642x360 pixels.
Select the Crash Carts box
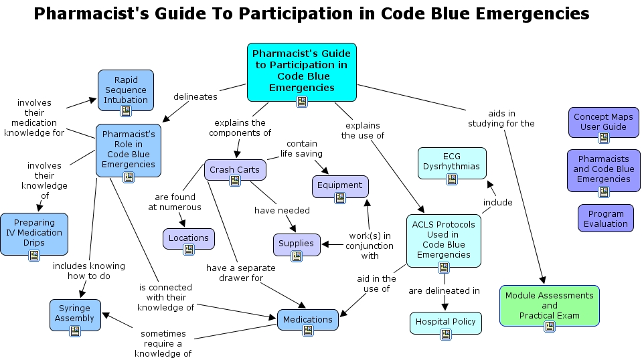pos(234,169)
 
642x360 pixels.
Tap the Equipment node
pos(339,185)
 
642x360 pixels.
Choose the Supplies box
pos(296,244)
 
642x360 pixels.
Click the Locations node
pos(188,238)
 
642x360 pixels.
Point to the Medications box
pos(307,319)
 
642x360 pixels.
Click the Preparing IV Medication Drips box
pos(33,233)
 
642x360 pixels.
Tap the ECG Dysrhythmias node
pos(451,162)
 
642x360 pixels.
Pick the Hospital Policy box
pos(445,322)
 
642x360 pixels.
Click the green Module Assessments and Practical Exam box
pos(549,305)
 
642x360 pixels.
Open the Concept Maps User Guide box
pos(603,122)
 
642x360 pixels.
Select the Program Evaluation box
pos(605,219)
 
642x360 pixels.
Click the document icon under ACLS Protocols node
pos(443,268)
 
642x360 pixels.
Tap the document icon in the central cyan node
pos(302,102)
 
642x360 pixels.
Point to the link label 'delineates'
pos(195,96)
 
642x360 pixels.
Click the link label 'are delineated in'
pos(444,290)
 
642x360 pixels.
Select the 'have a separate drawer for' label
pos(234,273)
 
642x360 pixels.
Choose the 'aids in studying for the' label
pos(501,118)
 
